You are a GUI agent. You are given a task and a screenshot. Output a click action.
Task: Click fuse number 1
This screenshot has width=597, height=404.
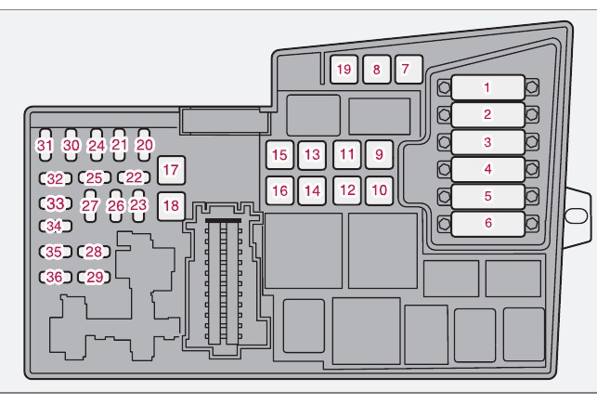(x=487, y=88)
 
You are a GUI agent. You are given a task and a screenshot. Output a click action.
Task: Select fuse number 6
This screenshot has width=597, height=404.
(x=487, y=223)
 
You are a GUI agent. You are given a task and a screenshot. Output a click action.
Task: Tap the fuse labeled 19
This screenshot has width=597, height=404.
(x=344, y=69)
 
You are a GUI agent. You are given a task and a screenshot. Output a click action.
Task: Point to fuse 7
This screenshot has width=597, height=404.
(x=405, y=69)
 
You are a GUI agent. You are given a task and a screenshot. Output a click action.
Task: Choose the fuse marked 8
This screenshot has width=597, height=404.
(x=375, y=69)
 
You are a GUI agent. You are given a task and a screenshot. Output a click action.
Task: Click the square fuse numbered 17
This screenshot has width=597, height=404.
(x=170, y=170)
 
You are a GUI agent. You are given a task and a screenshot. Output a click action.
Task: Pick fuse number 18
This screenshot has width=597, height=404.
(x=170, y=204)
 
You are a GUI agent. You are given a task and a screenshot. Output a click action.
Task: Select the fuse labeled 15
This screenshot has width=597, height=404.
(x=279, y=155)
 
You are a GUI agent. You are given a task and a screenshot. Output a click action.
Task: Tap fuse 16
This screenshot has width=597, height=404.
(x=279, y=190)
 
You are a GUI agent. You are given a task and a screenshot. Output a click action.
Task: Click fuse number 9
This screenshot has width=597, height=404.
(x=378, y=154)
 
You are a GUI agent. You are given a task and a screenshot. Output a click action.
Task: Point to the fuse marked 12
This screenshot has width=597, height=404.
(x=346, y=190)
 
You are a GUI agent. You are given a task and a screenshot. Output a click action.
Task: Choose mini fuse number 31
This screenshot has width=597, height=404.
(x=45, y=145)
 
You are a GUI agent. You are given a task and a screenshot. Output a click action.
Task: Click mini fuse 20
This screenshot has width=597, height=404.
(x=144, y=145)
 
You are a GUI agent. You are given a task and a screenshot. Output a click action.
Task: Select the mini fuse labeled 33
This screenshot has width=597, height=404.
(x=56, y=203)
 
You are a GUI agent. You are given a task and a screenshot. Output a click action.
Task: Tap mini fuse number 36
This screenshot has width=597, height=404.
(x=56, y=277)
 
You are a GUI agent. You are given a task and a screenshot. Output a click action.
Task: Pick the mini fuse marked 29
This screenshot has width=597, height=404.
(x=93, y=277)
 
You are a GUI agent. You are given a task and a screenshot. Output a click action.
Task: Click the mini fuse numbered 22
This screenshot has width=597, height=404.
(x=135, y=177)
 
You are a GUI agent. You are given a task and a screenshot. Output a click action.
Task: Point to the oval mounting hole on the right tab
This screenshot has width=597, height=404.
(x=576, y=215)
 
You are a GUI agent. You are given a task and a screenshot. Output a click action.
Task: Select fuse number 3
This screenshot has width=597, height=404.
(x=487, y=142)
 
